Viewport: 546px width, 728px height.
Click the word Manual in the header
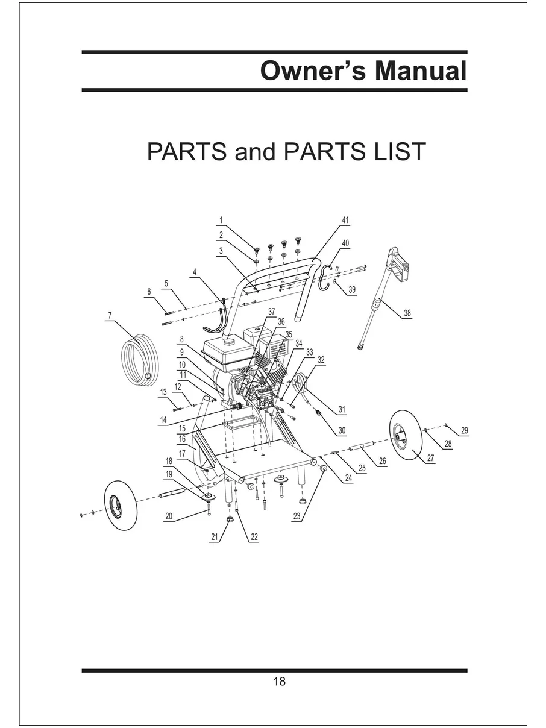pyautogui.click(x=421, y=71)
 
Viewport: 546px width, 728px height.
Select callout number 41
pyautogui.click(x=345, y=220)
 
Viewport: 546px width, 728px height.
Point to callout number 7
pyautogui.click(x=110, y=315)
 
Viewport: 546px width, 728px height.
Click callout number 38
pyautogui.click(x=407, y=313)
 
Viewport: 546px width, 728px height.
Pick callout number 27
pyautogui.click(x=430, y=458)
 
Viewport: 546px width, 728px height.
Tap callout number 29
pyautogui.click(x=465, y=430)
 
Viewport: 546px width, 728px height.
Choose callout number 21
pyautogui.click(x=215, y=536)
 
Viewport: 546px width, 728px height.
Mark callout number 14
pyautogui.click(x=163, y=420)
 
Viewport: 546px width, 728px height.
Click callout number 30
pyautogui.click(x=342, y=430)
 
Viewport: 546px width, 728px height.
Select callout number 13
pyautogui.click(x=163, y=392)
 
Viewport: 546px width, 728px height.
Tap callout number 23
pyautogui.click(x=297, y=516)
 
